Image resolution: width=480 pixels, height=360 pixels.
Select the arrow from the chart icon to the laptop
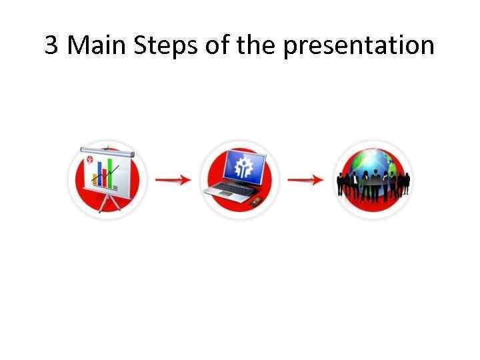click(173, 180)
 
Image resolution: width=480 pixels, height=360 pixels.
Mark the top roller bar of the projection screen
click(107, 151)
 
